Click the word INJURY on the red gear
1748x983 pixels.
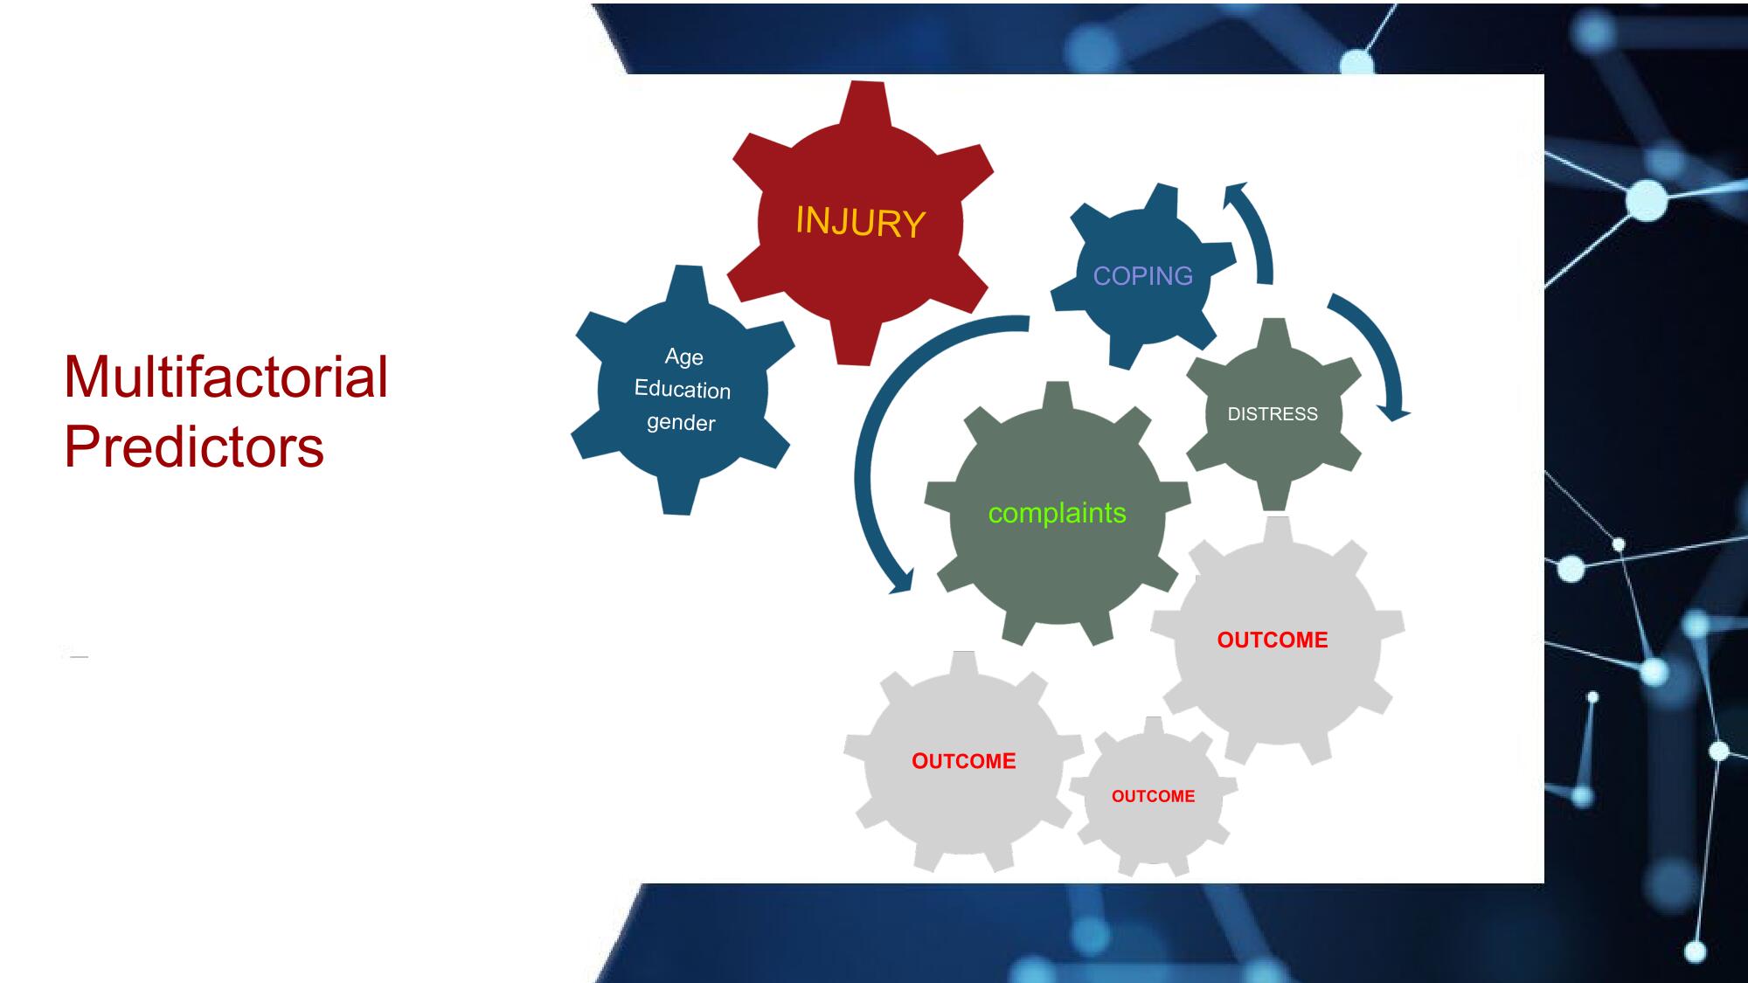click(x=861, y=222)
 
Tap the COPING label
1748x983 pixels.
click(x=1143, y=276)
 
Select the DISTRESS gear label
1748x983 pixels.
click(x=1273, y=414)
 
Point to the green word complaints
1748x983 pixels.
click(x=1058, y=513)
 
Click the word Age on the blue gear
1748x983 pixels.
click(x=684, y=357)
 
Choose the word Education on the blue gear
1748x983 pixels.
click(x=683, y=389)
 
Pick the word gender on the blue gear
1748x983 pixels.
click(x=681, y=423)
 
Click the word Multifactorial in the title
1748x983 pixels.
click(x=226, y=377)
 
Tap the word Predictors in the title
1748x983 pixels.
click(x=194, y=447)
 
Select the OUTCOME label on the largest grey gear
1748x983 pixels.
click(x=1273, y=640)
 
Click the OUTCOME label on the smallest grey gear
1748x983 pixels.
click(x=1154, y=796)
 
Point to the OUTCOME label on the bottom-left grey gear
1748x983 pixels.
click(x=964, y=761)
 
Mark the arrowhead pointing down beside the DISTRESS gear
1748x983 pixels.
click(x=1395, y=412)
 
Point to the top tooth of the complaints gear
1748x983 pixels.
click(x=1058, y=395)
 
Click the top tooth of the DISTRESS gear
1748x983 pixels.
click(x=1275, y=333)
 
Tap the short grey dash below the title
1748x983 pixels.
click(x=80, y=656)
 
